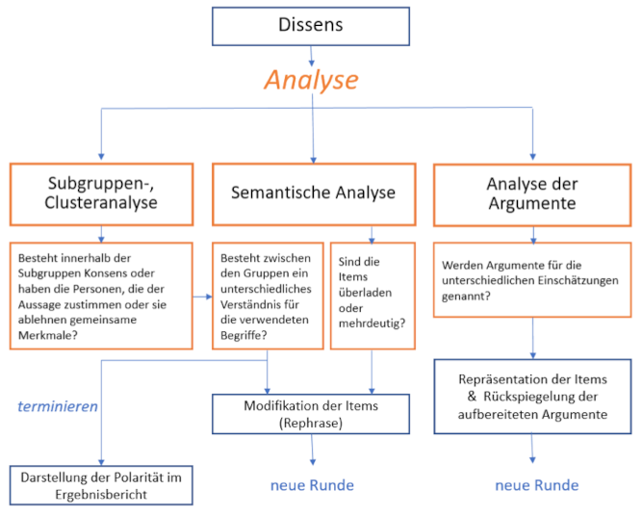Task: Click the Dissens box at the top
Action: pyautogui.click(x=310, y=25)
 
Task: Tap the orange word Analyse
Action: pyautogui.click(x=310, y=80)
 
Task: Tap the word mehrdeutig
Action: pyautogui.click(x=371, y=321)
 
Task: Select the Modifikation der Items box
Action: pyautogui.click(x=311, y=413)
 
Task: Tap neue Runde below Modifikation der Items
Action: pyautogui.click(x=312, y=484)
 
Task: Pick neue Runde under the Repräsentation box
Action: pyautogui.click(x=536, y=485)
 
